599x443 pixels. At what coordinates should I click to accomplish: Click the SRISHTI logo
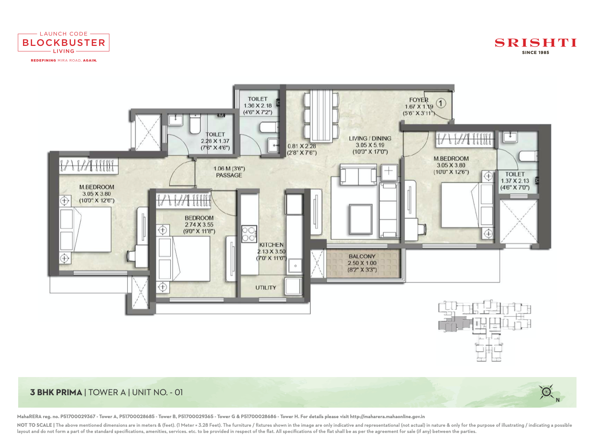[535, 43]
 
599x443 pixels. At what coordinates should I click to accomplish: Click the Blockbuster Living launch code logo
[64, 43]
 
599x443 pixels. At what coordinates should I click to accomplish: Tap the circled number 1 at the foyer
[442, 103]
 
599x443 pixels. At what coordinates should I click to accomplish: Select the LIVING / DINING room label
[370, 139]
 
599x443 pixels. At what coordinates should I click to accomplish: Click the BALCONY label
[362, 257]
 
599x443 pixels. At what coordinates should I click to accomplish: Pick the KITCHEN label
[271, 245]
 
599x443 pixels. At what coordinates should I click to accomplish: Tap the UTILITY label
[266, 288]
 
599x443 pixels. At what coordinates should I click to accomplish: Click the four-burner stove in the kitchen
[249, 234]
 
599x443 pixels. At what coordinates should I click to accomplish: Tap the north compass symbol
[546, 392]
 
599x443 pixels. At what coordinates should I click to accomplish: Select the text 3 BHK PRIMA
[56, 392]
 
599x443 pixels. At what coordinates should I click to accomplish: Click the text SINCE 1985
[535, 53]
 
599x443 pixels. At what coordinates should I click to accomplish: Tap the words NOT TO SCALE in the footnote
[35, 425]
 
